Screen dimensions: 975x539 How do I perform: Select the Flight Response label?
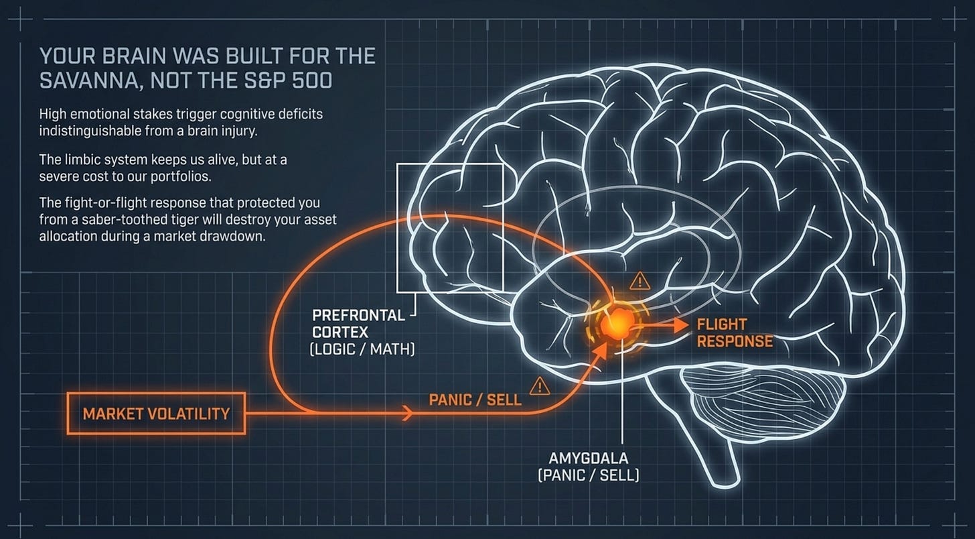[x=735, y=333]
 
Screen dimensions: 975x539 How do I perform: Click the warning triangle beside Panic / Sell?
[x=540, y=386]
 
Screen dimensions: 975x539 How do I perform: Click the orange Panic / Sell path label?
[x=475, y=400]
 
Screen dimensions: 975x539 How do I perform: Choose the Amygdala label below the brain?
[x=589, y=458]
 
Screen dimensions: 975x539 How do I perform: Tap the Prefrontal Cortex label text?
[x=358, y=324]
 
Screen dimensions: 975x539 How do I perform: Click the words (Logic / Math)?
[x=362, y=349]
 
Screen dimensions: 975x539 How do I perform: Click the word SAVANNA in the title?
[x=90, y=80]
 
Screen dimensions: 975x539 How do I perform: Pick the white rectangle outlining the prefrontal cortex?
[x=397, y=227]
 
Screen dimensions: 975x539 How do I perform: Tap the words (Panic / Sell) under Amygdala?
[x=589, y=475]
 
